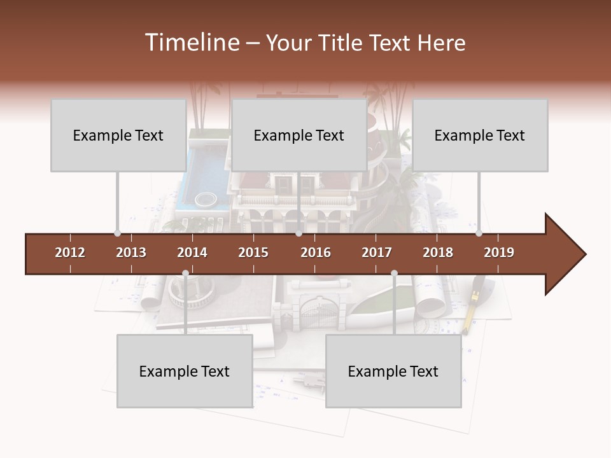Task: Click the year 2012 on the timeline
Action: (x=70, y=253)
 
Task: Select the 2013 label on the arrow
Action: (x=131, y=253)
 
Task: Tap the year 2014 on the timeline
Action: (x=192, y=253)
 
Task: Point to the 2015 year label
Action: (x=253, y=253)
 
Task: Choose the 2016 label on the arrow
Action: (x=316, y=253)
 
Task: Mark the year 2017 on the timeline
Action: (x=377, y=253)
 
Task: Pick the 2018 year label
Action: (x=438, y=253)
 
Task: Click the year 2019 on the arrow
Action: (x=499, y=253)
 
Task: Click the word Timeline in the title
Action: (x=191, y=43)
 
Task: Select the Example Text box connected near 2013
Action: (x=118, y=135)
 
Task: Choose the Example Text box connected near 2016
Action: (x=299, y=135)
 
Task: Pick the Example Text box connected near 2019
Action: (x=480, y=135)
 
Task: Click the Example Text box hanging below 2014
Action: (x=185, y=371)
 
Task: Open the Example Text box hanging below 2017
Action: (x=393, y=371)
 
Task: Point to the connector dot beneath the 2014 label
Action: (x=185, y=273)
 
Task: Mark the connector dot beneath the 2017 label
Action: (x=394, y=273)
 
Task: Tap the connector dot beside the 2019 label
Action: (x=479, y=233)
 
